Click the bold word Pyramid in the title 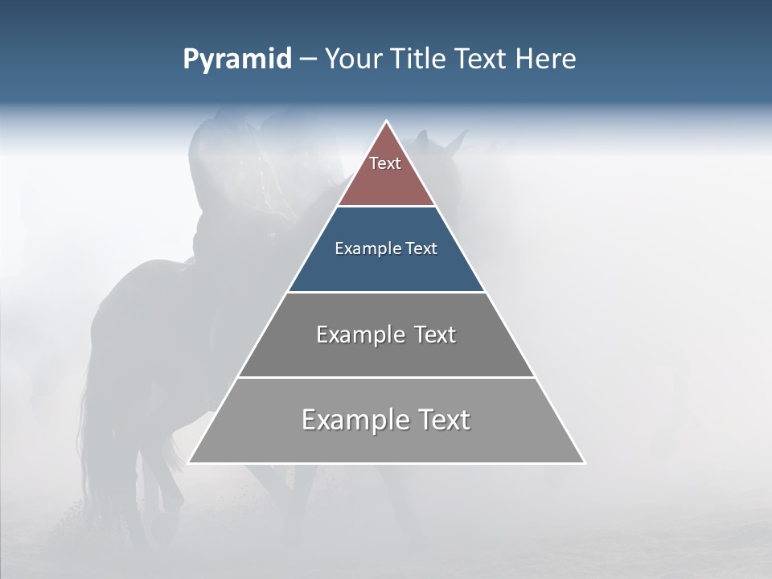236,60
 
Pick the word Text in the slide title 481,60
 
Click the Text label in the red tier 385,163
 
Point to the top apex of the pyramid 386,121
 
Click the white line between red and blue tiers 386,207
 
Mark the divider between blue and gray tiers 386,292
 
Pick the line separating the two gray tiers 386,377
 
